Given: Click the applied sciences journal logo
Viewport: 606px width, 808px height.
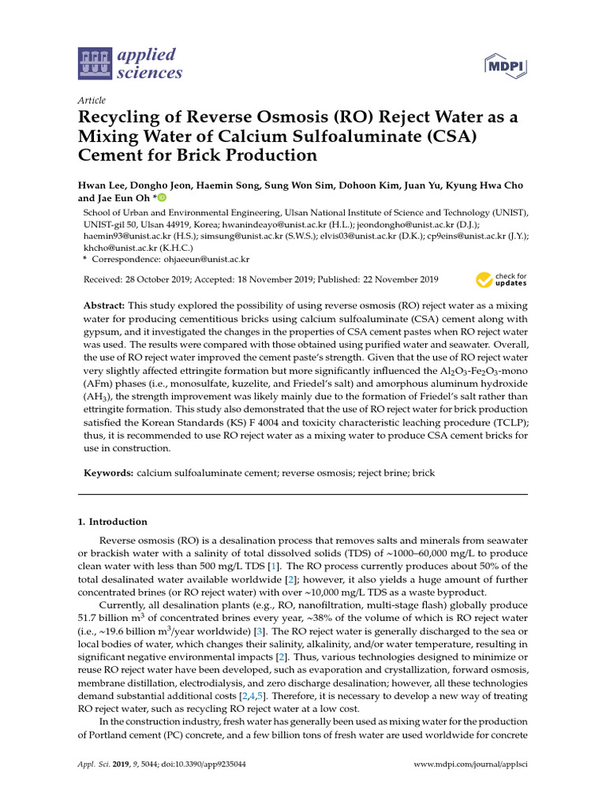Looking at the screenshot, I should coord(130,64).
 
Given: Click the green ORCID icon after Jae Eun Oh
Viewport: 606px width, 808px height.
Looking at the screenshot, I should coord(162,198).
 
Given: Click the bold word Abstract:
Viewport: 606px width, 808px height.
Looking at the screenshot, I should coord(104,305).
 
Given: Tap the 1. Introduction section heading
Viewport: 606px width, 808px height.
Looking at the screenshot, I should coord(112,522).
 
